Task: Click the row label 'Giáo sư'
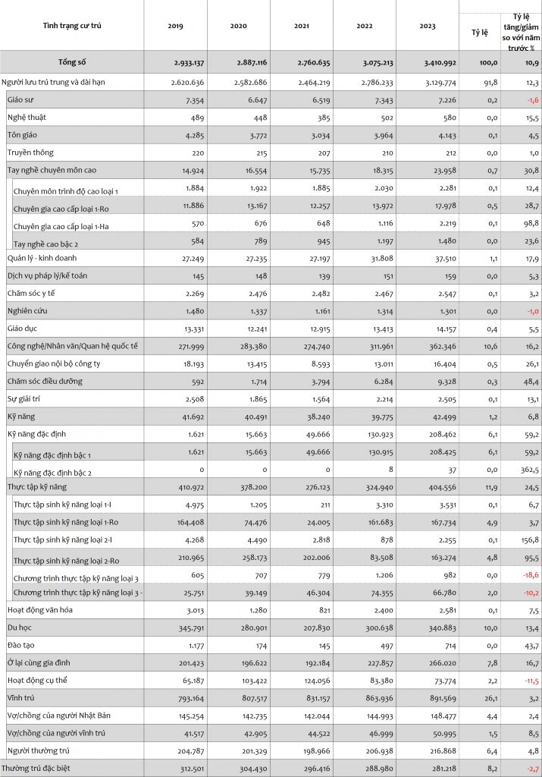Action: pos(20,99)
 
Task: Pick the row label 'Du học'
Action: pos(20,628)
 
